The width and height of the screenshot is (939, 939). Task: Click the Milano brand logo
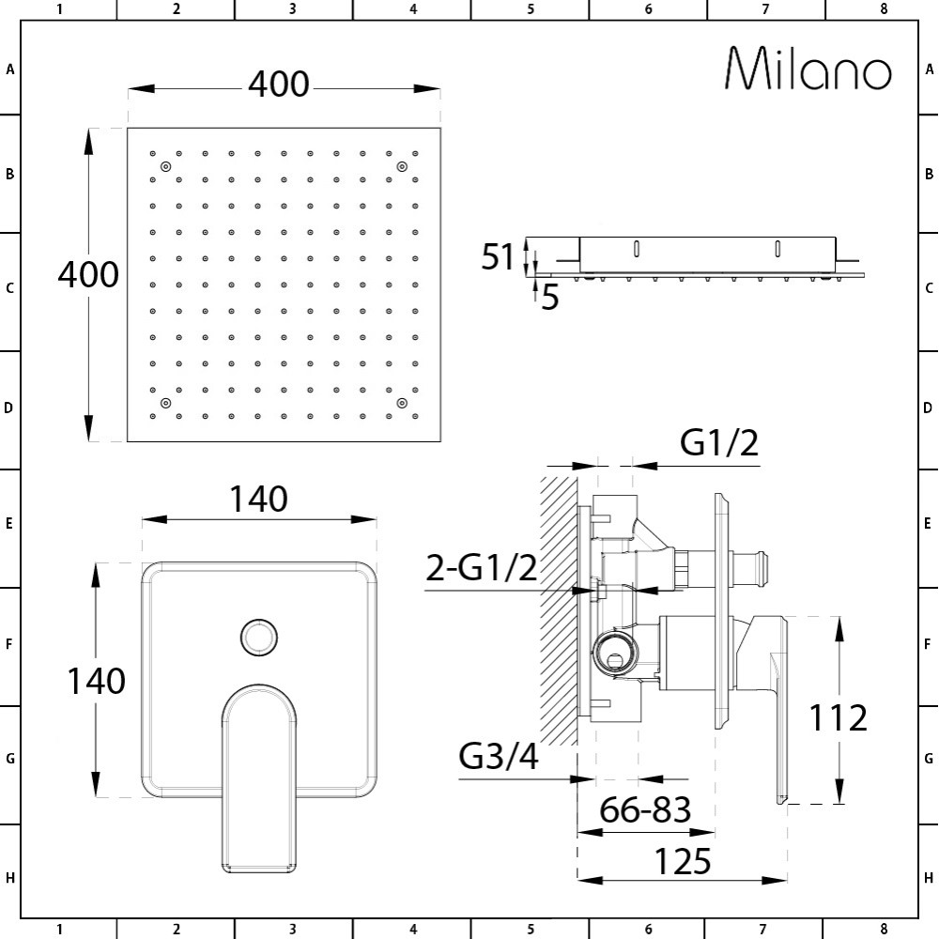[x=808, y=69]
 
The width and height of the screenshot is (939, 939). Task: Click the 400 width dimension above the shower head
[x=278, y=85]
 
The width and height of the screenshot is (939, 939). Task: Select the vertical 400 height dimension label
[x=88, y=275]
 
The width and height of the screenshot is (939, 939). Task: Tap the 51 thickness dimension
[x=498, y=256]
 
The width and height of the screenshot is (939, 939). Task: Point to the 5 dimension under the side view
[x=550, y=298]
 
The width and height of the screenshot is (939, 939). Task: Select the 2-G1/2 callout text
[x=482, y=568]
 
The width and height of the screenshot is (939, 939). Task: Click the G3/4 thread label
[x=499, y=756]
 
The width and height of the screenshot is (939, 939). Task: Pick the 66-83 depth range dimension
[x=646, y=808]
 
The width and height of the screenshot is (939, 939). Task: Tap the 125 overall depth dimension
[x=683, y=860]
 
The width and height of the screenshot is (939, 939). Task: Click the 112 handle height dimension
[x=838, y=718]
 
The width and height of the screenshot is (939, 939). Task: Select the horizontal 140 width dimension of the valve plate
[x=259, y=500]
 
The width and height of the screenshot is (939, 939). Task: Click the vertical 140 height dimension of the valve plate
[x=95, y=681]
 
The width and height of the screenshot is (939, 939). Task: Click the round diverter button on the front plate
[x=258, y=638]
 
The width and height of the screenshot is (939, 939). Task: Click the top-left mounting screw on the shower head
[x=165, y=167]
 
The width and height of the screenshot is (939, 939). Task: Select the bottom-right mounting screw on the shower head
[x=401, y=403]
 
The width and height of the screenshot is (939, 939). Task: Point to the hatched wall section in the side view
[x=558, y=610]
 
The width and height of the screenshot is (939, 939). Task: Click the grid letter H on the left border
[x=9, y=879]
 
